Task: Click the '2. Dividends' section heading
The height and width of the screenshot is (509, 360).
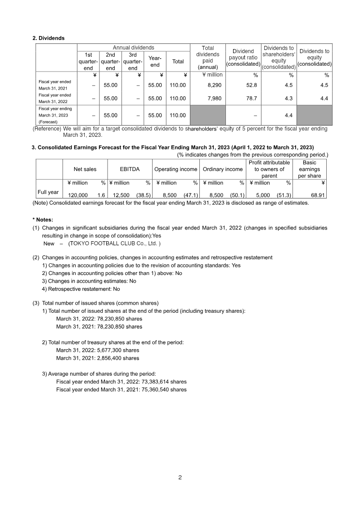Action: point(49,38)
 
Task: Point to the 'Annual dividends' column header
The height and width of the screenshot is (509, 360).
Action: point(133,48)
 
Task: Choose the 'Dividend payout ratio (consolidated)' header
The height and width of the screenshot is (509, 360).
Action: point(243,58)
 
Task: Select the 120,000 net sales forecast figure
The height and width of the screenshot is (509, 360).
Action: point(78,196)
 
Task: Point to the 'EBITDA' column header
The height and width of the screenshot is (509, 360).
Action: point(130,169)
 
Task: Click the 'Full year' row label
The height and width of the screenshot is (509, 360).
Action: point(48,192)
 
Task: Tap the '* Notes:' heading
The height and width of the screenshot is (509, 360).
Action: point(43,220)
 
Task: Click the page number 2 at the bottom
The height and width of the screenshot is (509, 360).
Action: point(180,477)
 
